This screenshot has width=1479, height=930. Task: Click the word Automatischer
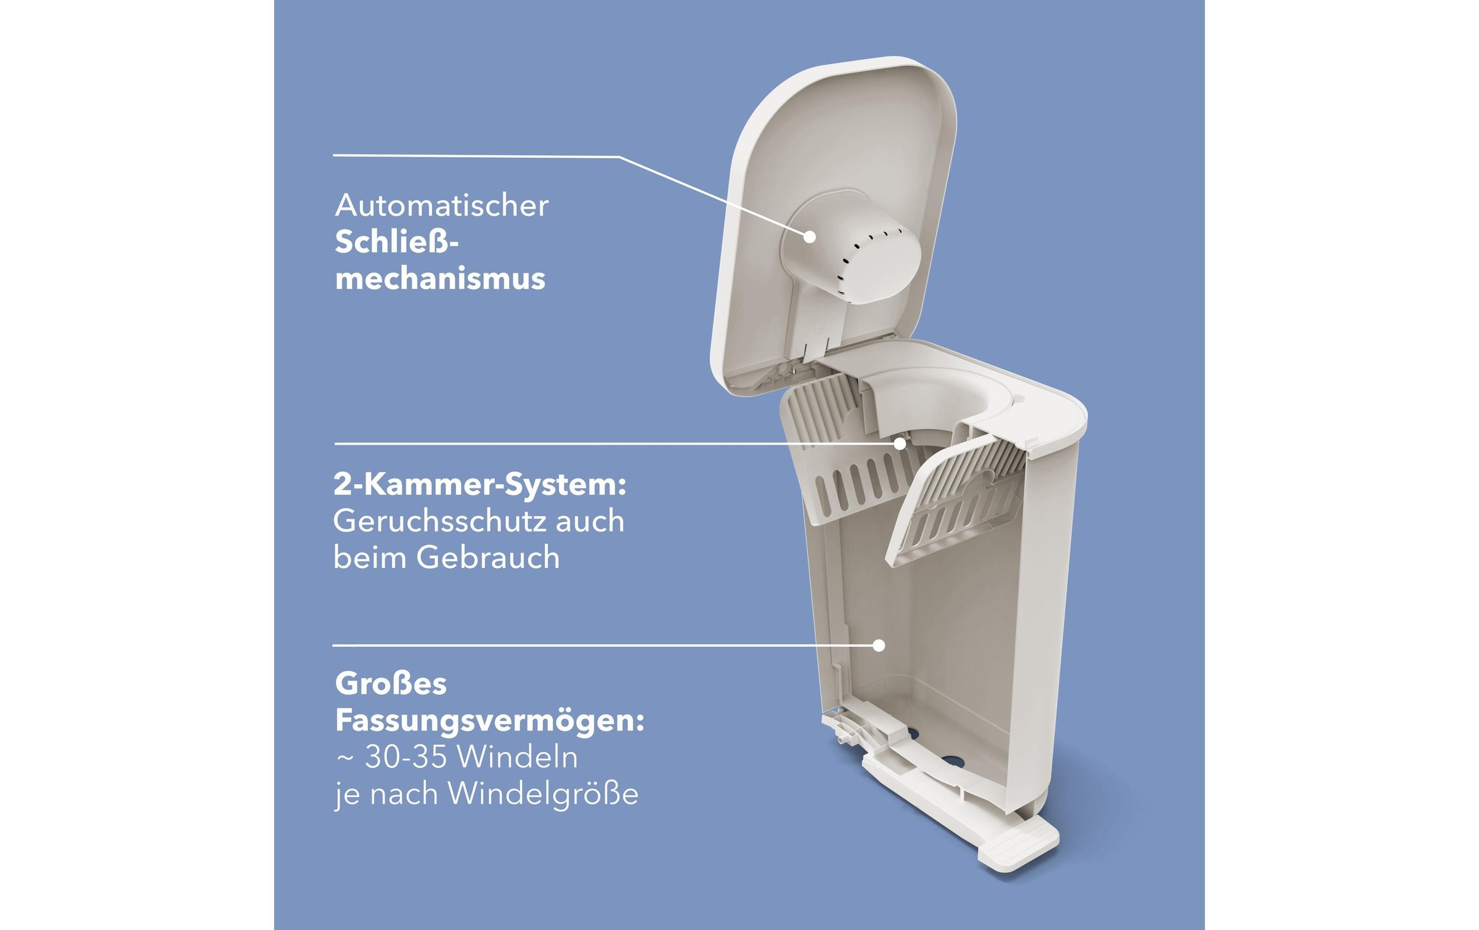coord(441,206)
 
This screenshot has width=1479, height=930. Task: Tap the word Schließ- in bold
coord(396,242)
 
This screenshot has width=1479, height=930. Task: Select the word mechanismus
coord(440,279)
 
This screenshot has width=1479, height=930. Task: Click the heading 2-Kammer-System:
coord(479,485)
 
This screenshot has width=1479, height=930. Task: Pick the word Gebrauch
coord(487,558)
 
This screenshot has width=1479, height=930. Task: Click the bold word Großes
coord(391,684)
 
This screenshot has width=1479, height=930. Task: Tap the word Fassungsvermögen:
coord(489,721)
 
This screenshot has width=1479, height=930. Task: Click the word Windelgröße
coord(543,794)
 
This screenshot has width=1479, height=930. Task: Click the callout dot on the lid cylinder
coord(810,237)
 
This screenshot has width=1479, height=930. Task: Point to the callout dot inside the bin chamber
coord(879,645)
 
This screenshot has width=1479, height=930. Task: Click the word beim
coord(369,558)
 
